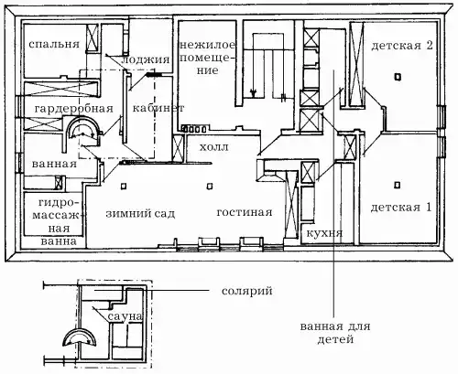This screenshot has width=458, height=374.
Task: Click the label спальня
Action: (x=54, y=44)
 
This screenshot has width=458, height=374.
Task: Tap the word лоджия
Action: (x=146, y=59)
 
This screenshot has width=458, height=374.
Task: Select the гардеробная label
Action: (x=73, y=109)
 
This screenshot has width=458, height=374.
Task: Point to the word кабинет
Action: (x=158, y=108)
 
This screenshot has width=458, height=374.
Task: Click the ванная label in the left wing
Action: (x=54, y=164)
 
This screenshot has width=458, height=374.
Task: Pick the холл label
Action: (x=214, y=147)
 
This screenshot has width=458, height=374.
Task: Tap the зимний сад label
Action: (x=140, y=213)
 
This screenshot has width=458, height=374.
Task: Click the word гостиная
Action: (x=245, y=212)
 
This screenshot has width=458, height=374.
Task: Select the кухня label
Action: (x=324, y=233)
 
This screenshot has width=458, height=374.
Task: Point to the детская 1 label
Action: (x=401, y=208)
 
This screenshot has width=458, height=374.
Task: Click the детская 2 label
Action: (x=402, y=46)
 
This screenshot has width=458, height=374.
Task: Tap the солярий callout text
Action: (x=247, y=291)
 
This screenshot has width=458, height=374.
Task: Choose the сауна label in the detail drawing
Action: (x=125, y=316)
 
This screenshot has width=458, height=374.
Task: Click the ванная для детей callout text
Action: (x=335, y=333)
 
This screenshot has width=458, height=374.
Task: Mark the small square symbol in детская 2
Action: (x=398, y=77)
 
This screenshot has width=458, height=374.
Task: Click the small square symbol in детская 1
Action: (x=397, y=185)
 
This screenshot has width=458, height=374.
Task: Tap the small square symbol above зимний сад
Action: (x=124, y=186)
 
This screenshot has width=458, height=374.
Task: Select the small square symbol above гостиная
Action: (x=210, y=186)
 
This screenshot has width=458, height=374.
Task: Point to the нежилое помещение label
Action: (x=208, y=58)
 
